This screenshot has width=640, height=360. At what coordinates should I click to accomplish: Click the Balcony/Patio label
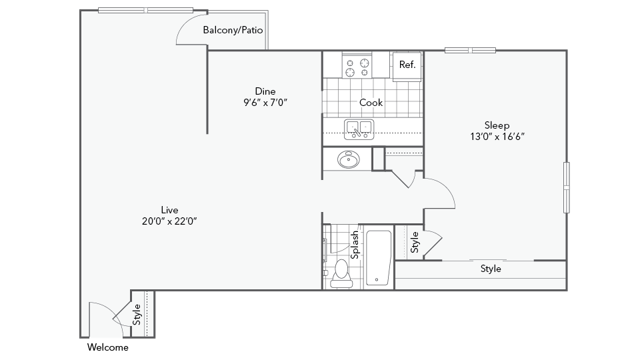click(x=233, y=30)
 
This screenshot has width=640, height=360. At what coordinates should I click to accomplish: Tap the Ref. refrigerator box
click(x=407, y=65)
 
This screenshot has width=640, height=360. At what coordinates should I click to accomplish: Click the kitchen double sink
click(x=359, y=129)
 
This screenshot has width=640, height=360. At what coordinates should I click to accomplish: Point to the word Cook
click(x=371, y=102)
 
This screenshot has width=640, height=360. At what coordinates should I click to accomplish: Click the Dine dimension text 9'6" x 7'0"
click(x=265, y=102)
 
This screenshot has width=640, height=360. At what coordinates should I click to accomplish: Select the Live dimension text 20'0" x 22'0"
click(x=169, y=221)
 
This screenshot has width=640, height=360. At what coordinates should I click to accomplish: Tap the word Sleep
click(x=497, y=125)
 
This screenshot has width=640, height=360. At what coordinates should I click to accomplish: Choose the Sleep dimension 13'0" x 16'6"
click(x=497, y=137)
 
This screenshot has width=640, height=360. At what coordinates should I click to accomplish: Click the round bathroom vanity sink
click(x=348, y=159)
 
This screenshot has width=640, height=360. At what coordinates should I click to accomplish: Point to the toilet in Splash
click(x=341, y=273)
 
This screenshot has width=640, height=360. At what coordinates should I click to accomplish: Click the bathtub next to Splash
click(x=378, y=258)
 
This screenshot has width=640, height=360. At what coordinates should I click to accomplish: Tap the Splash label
click(x=355, y=245)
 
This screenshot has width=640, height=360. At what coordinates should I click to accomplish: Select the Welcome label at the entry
click(x=108, y=347)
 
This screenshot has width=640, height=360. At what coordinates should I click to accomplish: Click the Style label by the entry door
click(x=137, y=315)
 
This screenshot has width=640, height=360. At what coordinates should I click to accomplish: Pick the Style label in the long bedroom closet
click(x=491, y=269)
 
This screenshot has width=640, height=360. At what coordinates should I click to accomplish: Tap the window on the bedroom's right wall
click(x=567, y=187)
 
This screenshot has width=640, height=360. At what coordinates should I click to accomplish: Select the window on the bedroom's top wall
click(x=470, y=50)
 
